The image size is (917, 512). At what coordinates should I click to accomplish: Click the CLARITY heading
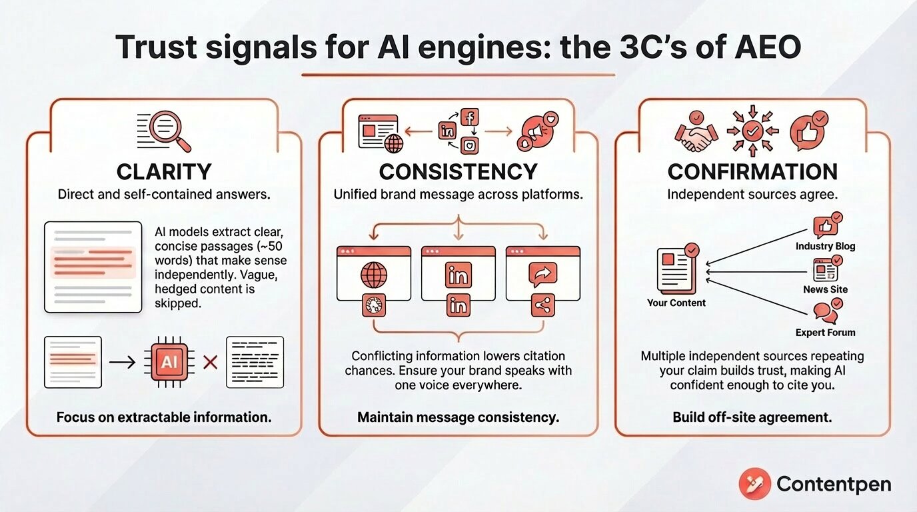tap(164, 171)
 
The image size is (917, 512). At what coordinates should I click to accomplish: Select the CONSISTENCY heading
tap(458, 171)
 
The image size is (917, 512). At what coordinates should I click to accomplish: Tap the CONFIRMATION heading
tap(752, 171)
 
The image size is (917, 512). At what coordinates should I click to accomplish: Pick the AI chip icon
tap(169, 362)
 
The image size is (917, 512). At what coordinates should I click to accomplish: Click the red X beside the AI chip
tap(211, 363)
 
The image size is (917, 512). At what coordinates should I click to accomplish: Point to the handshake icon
tap(696, 132)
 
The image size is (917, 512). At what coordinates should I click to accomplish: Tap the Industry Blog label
tap(825, 246)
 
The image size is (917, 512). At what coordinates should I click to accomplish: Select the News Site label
tap(825, 289)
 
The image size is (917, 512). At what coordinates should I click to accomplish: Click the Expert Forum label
tap(825, 333)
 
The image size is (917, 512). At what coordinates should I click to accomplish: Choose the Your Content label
tap(676, 303)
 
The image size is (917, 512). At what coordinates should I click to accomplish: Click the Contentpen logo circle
tap(755, 484)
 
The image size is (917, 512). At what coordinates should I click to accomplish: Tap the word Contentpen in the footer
tap(834, 484)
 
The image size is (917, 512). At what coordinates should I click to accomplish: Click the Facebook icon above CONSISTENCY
tap(470, 117)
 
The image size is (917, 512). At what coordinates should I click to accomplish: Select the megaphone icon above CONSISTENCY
tap(538, 131)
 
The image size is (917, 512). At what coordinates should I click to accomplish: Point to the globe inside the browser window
tap(374, 275)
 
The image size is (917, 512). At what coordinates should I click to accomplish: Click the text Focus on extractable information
tap(164, 417)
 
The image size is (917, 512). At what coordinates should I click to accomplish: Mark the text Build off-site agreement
tap(752, 417)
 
